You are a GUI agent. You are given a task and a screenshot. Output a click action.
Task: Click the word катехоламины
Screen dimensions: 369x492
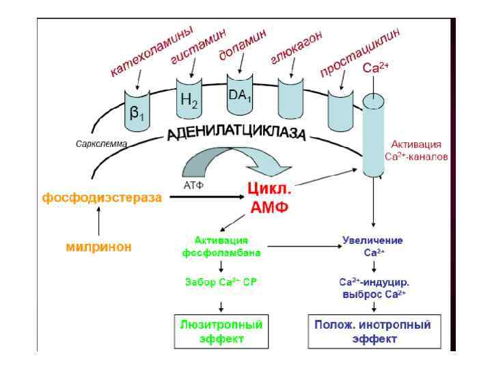(152, 53)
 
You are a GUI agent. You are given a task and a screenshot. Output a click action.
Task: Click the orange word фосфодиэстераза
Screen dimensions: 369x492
(102, 198)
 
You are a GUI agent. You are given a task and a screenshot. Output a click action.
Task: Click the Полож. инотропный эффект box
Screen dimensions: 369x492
(372, 331)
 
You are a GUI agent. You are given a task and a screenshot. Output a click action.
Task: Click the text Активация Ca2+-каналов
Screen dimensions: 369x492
(415, 150)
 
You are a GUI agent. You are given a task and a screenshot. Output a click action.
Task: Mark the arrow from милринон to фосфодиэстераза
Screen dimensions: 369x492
(100, 221)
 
